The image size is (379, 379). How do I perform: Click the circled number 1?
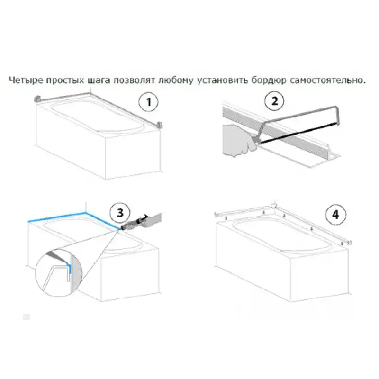pyautogui.click(x=148, y=102)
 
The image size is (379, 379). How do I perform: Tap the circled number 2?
pyautogui.click(x=274, y=100)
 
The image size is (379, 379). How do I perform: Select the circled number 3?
pyautogui.click(x=120, y=213)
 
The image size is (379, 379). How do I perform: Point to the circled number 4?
pyautogui.click(x=335, y=215)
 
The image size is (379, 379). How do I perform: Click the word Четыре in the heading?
pyautogui.click(x=26, y=80)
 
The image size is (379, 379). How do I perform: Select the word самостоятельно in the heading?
pyautogui.click(x=327, y=80)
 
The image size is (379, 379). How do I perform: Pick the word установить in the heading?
pyautogui.click(x=222, y=80)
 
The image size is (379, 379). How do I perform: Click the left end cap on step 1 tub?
pyautogui.click(x=38, y=99)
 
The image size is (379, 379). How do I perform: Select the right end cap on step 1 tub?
pyautogui.click(x=159, y=126)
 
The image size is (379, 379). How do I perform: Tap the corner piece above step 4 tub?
pyautogui.click(x=273, y=206)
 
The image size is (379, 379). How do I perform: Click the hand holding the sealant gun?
pyautogui.click(x=151, y=220)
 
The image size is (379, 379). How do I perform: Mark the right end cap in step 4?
pyautogui.click(x=349, y=243)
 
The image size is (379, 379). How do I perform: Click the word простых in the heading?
pyautogui.click(x=65, y=80)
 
